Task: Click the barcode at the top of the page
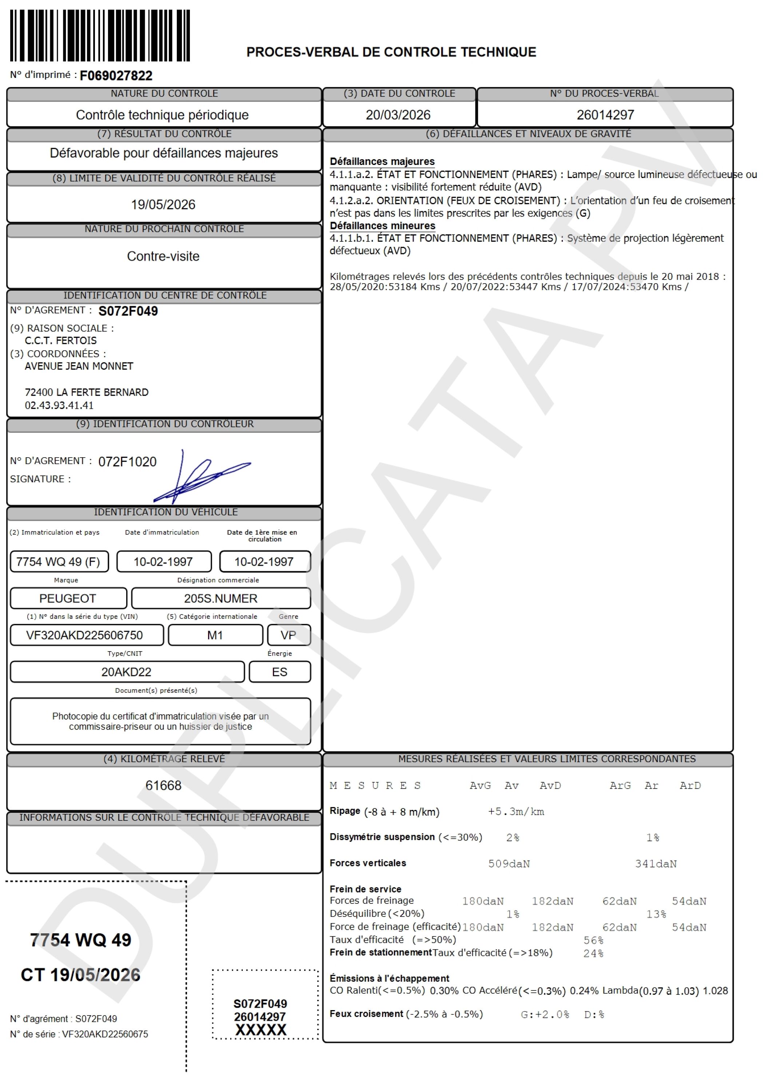coord(100,35)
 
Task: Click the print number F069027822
coord(116,76)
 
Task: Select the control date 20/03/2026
coord(398,115)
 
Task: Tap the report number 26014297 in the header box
coord(605,115)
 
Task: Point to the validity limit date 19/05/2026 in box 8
coord(163,205)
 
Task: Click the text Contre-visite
coord(163,256)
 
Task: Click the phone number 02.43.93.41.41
coord(59,405)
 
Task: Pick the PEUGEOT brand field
coord(68,598)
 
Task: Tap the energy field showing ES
coord(279,672)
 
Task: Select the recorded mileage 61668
coord(163,785)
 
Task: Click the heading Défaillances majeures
coord(382,161)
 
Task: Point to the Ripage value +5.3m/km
coord(516,811)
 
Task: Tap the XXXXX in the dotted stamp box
coord(260,1030)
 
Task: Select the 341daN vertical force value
coord(656,864)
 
